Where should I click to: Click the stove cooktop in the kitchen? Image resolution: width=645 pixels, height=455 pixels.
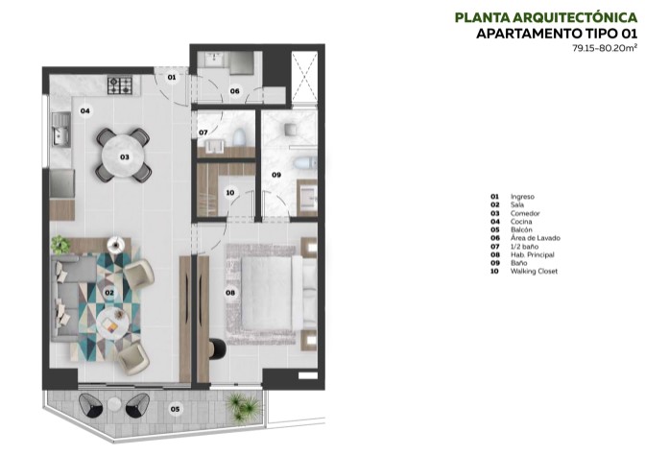[121, 85]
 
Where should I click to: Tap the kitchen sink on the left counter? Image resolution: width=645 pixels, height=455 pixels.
[61, 124]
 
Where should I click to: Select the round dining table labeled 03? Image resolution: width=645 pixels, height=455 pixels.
[124, 156]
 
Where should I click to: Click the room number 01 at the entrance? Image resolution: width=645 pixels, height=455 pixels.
[171, 76]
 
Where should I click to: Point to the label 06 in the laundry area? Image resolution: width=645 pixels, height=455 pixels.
[234, 91]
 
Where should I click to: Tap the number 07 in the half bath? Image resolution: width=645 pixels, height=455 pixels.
[203, 132]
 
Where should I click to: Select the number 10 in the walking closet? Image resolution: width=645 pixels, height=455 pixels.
[229, 192]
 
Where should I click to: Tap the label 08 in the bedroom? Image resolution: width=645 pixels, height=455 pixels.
[229, 293]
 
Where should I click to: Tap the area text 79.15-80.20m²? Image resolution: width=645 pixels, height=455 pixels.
[604, 47]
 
